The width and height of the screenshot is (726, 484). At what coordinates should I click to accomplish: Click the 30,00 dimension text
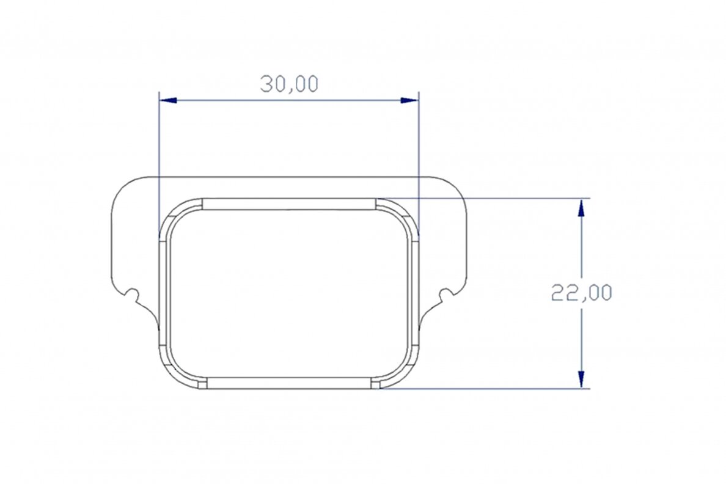click(289, 84)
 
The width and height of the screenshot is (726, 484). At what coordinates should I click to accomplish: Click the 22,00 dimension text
click(582, 293)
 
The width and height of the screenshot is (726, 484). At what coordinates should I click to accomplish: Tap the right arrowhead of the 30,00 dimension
click(410, 100)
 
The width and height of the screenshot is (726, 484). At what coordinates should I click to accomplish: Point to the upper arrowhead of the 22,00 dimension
click(582, 208)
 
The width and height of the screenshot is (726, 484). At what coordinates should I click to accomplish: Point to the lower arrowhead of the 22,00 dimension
click(582, 379)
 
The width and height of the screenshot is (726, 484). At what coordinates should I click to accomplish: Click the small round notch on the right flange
click(446, 294)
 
